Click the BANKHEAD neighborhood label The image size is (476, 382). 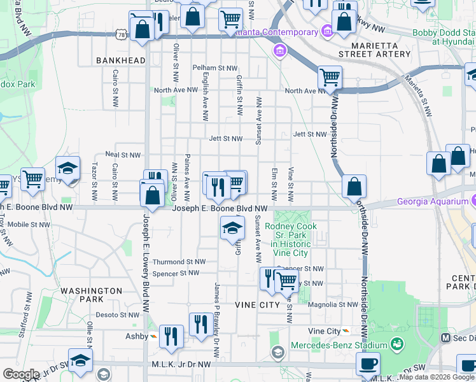coord(121,60)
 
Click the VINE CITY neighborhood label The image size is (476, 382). coord(258,305)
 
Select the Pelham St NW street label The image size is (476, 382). coord(213,67)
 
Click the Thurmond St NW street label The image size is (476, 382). coord(179,262)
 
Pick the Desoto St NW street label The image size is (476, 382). coord(118,315)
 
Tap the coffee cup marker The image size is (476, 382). coord(368,365)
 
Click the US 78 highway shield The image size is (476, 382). coord(121,31)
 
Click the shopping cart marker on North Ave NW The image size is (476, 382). coord(330,78)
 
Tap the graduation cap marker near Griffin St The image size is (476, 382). coord(233,229)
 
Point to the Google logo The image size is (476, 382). coord(21,374)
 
